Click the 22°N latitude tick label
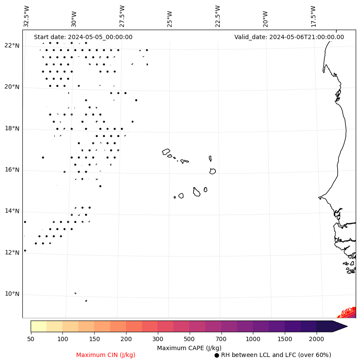click(x=12, y=46)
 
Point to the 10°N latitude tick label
click(x=12, y=294)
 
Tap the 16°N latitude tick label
click(x=12, y=170)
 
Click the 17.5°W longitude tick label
click(x=313, y=16)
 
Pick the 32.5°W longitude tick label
click(x=26, y=16)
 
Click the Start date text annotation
click(x=83, y=37)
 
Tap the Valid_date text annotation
click(x=289, y=37)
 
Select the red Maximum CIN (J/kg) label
click(x=106, y=355)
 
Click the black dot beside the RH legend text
click(x=217, y=355)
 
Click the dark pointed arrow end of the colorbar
click(x=340, y=326)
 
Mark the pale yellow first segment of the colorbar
click(x=38, y=326)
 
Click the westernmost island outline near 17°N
click(x=166, y=152)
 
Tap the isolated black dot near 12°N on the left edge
click(x=25, y=250)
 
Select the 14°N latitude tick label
click(x=12, y=211)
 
